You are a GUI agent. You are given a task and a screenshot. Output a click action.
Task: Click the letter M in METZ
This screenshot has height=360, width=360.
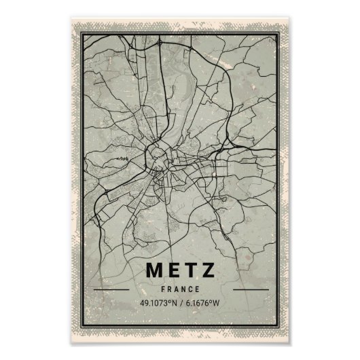(x=154, y=270)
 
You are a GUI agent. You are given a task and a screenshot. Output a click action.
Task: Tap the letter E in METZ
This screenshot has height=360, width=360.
(x=173, y=270)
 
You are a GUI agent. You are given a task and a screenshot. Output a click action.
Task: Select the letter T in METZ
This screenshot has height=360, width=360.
(x=191, y=270)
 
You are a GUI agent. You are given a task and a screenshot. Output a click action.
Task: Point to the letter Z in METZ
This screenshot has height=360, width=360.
(x=209, y=270)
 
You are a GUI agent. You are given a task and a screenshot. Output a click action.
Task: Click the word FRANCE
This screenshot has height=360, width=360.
(x=181, y=287)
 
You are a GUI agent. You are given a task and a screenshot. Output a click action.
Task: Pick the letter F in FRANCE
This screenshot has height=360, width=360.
(x=165, y=287)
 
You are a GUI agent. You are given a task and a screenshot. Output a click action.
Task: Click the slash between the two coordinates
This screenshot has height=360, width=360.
(x=181, y=303)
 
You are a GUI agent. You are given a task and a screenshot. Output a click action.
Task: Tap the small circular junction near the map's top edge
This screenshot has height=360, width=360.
(x=159, y=43)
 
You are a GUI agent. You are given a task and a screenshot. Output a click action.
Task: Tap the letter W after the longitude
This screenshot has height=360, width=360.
(x=219, y=303)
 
